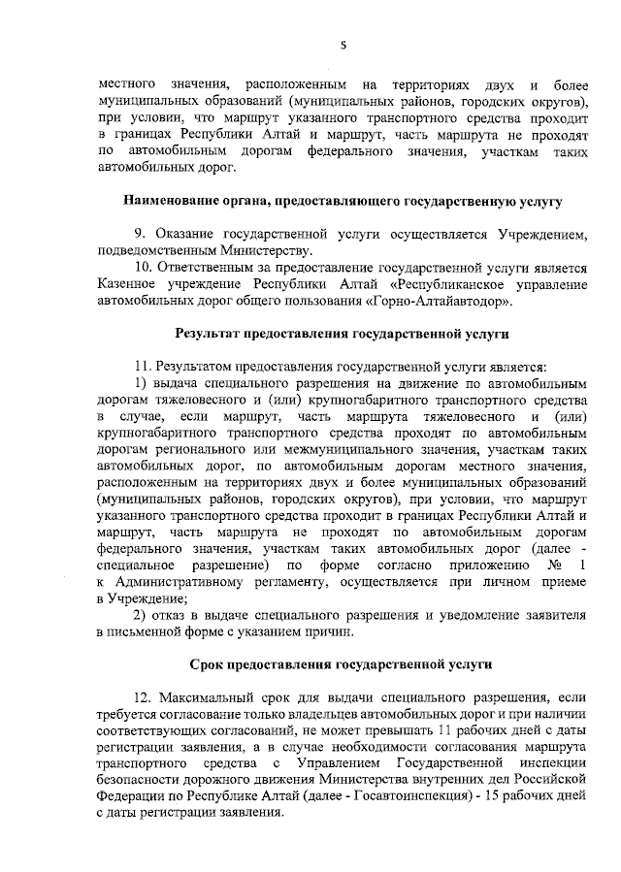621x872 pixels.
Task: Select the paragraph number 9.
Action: pyautogui.click(x=139, y=234)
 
